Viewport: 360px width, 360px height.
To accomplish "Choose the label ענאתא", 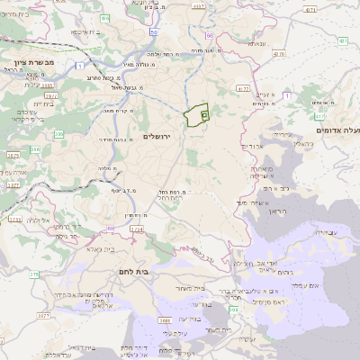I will click(x=259, y=42).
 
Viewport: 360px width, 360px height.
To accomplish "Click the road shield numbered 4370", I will click(x=310, y=10).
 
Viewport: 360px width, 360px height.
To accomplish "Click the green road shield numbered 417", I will click(x=319, y=116).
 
